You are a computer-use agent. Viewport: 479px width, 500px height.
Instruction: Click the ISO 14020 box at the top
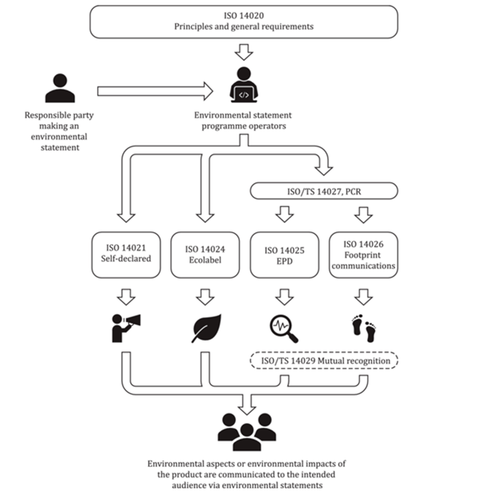(x=243, y=22)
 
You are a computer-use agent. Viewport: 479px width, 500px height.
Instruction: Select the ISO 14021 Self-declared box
(x=125, y=254)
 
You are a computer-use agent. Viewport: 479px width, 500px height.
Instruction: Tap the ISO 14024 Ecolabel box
(x=205, y=254)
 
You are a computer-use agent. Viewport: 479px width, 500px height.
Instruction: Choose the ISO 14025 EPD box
(x=284, y=254)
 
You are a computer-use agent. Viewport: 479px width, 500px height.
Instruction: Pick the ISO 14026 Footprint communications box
(x=363, y=254)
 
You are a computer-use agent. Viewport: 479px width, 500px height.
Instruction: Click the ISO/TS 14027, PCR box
(x=324, y=192)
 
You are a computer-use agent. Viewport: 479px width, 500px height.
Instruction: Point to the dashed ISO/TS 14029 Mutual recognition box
(x=324, y=360)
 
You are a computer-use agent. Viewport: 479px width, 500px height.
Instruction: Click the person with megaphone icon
(x=125, y=327)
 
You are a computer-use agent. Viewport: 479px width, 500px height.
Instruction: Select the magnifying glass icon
(x=283, y=328)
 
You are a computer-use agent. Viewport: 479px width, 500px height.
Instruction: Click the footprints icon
(x=363, y=328)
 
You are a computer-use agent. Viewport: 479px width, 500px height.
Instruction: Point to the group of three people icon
(x=247, y=432)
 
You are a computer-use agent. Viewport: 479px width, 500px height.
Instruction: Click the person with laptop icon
(x=244, y=85)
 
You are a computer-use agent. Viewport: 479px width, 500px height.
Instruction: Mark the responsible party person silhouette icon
(x=60, y=88)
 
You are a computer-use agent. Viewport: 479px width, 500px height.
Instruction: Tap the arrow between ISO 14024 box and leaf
(x=205, y=297)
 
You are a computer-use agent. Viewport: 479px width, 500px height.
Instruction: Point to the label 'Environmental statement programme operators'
(x=243, y=121)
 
